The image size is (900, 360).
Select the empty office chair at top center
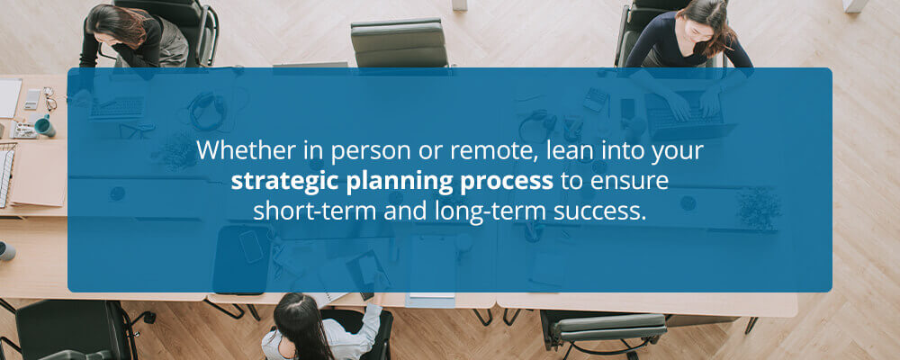point(400,44)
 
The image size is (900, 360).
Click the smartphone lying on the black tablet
point(251,247)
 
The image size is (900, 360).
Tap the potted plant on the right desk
point(759,208)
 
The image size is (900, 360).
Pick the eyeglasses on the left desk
point(49,99)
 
